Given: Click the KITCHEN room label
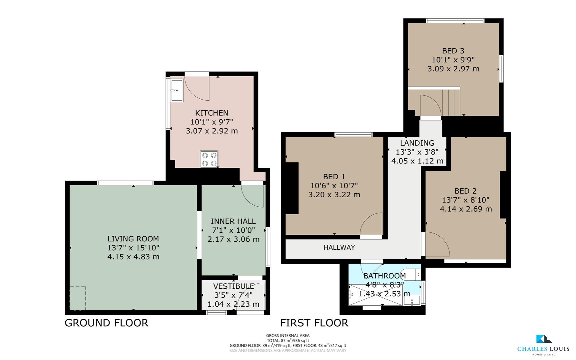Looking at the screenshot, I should click(212, 113).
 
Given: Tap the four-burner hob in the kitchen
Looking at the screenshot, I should click(209, 159).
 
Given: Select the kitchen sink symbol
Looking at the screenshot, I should click(177, 90).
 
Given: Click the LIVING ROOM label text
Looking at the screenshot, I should click(133, 239).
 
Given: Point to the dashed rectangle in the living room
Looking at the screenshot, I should click(78, 298).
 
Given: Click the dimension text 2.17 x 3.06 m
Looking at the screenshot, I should click(233, 239).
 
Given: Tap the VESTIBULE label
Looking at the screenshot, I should click(234, 286).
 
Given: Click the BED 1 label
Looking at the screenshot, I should click(334, 177).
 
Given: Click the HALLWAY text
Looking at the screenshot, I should click(339, 247).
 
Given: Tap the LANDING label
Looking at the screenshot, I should click(417, 143).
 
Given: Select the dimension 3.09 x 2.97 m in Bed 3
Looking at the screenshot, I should click(453, 69).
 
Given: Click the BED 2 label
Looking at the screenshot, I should click(465, 191).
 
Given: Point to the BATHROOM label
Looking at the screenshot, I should click(384, 276).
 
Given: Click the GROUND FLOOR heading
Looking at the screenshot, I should click(106, 323).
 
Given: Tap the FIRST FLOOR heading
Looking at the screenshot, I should click(314, 323).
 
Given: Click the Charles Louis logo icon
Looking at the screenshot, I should click(544, 339).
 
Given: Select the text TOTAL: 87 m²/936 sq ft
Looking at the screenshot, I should click(288, 341).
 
